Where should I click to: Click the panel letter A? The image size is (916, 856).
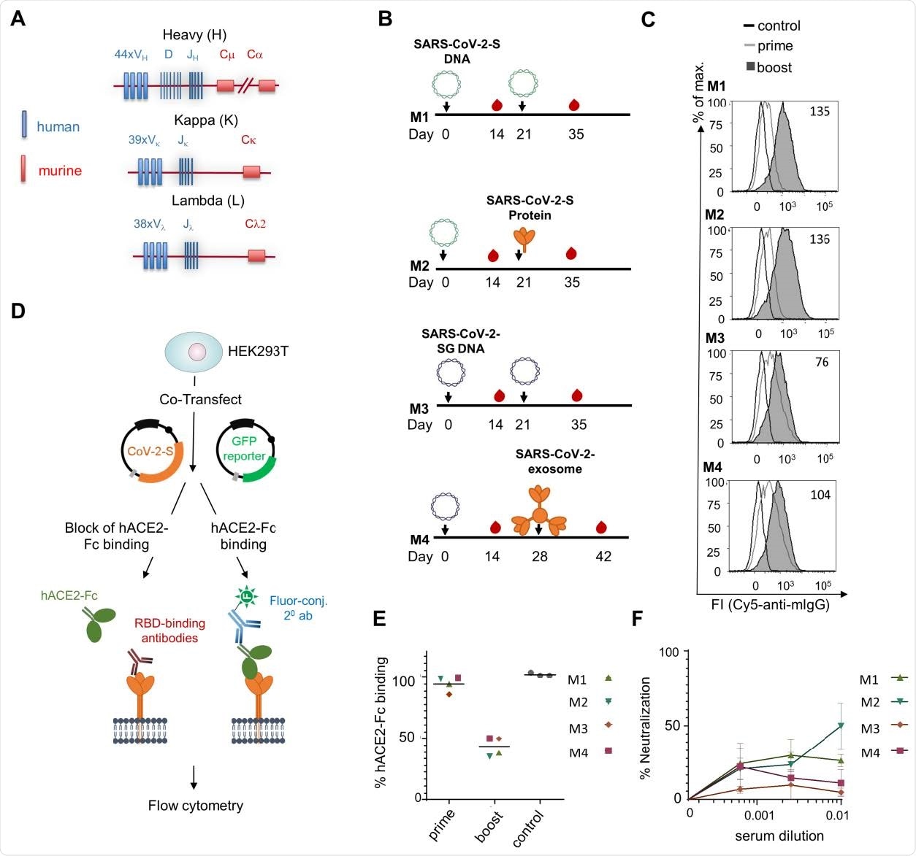18,18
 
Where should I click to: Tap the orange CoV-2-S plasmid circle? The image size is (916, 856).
150,452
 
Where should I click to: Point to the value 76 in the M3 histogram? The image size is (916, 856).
822,362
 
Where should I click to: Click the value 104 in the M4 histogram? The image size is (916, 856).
820,495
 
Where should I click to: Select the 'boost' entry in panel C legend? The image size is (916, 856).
774,67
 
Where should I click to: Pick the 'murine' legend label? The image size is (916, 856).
60,171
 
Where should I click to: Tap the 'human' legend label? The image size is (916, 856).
58,127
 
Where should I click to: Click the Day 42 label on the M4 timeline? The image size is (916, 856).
603,556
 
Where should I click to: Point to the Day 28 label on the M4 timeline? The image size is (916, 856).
539,556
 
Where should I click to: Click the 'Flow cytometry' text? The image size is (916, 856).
195,806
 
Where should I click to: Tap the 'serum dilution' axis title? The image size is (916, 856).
779,836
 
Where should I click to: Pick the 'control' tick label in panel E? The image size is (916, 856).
529,828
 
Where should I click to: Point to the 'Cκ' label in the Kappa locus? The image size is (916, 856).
249,140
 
